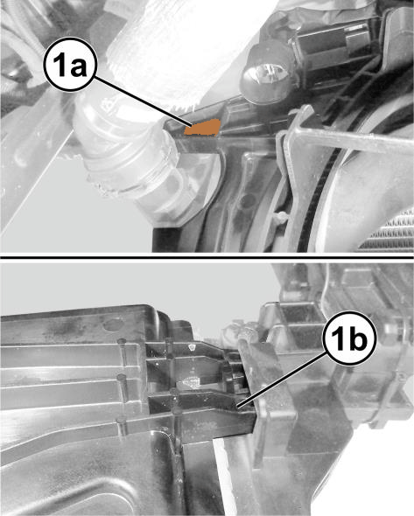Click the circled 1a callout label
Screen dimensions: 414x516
pyautogui.click(x=70, y=65)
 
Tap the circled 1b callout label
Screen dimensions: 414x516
pyautogui.click(x=349, y=338)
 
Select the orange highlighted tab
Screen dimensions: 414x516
pyautogui.click(x=203, y=128)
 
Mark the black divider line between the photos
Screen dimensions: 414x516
pyautogui.click(x=207, y=256)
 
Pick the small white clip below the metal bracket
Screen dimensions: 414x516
pyautogui.click(x=280, y=217)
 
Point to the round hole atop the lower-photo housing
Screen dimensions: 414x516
pyautogui.click(x=111, y=326)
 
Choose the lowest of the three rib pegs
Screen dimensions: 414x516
pyautogui.click(x=122, y=426)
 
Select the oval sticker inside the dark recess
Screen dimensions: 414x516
pyautogui.click(x=190, y=381)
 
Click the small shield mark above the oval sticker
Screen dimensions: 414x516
pyautogui.click(x=192, y=347)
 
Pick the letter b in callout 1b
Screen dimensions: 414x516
pyautogui.click(x=357, y=338)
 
